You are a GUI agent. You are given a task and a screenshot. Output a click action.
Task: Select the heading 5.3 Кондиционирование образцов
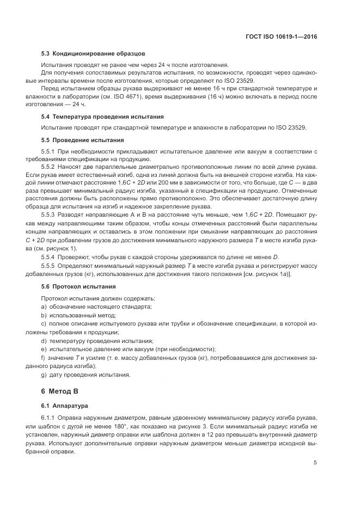coord(93,54)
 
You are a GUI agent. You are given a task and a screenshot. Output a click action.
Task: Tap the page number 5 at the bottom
coord(315,463)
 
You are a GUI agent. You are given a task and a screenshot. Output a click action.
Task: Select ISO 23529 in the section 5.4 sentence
coord(291,128)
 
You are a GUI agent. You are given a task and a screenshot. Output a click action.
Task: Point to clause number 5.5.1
coord(48,151)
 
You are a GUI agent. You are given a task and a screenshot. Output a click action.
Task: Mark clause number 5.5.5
coord(48,266)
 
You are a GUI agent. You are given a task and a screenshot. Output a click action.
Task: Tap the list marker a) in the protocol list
coord(44,308)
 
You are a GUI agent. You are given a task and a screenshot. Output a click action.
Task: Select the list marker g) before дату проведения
coord(44,375)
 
